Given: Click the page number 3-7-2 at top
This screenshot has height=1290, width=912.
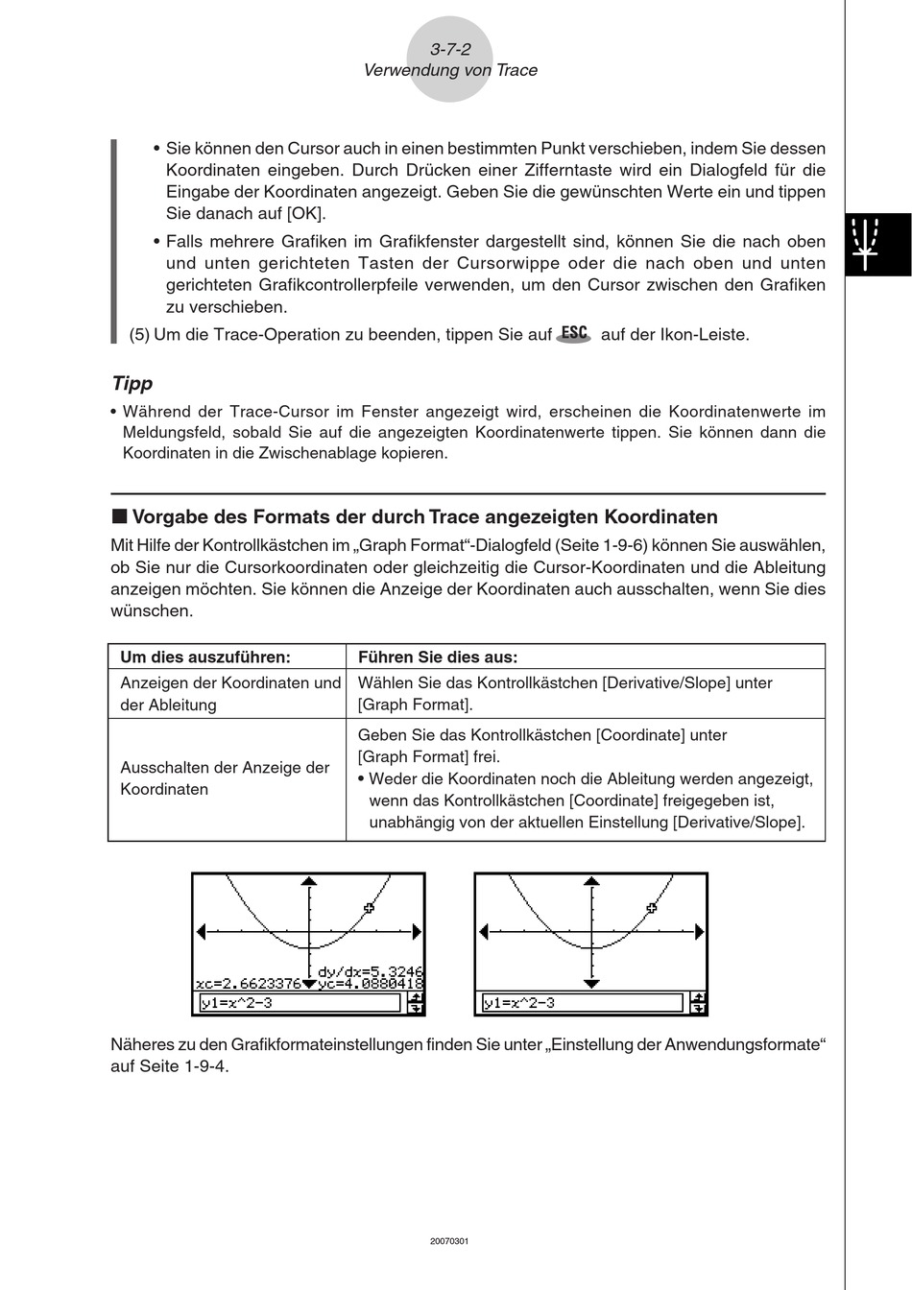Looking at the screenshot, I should pyautogui.click(x=450, y=50).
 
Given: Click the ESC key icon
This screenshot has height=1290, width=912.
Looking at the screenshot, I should pyautogui.click(x=574, y=333).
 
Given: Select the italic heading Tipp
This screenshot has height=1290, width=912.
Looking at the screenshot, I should pyautogui.click(x=132, y=383).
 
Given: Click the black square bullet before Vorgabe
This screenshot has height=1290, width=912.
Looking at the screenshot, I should pyautogui.click(x=119, y=516).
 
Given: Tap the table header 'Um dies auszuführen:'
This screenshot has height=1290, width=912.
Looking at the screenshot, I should pyautogui.click(x=204, y=657).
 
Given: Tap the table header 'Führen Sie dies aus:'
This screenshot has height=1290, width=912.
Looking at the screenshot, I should pyautogui.click(x=438, y=657).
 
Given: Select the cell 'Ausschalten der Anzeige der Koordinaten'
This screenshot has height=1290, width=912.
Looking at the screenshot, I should pyautogui.click(x=225, y=778).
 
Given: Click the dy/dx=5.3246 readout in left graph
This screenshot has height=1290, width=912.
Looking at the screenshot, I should pyautogui.click(x=371, y=970).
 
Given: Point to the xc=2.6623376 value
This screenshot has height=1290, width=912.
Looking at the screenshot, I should pyautogui.click(x=248, y=984).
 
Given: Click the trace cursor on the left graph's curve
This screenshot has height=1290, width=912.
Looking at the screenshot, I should pyautogui.click(x=370, y=907).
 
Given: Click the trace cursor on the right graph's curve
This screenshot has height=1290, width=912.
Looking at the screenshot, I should pyautogui.click(x=652, y=907).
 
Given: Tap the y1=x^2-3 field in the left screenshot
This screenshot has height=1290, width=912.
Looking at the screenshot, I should pyautogui.click(x=299, y=1003).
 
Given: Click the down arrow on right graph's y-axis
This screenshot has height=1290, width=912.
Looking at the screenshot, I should pyautogui.click(x=591, y=983).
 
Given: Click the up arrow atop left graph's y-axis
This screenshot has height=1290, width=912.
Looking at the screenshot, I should pyautogui.click(x=309, y=880).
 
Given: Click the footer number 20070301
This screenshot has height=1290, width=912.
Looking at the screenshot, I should pyautogui.click(x=449, y=1241).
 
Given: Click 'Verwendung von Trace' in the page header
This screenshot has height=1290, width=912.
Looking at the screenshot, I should pyautogui.click(x=450, y=70).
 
